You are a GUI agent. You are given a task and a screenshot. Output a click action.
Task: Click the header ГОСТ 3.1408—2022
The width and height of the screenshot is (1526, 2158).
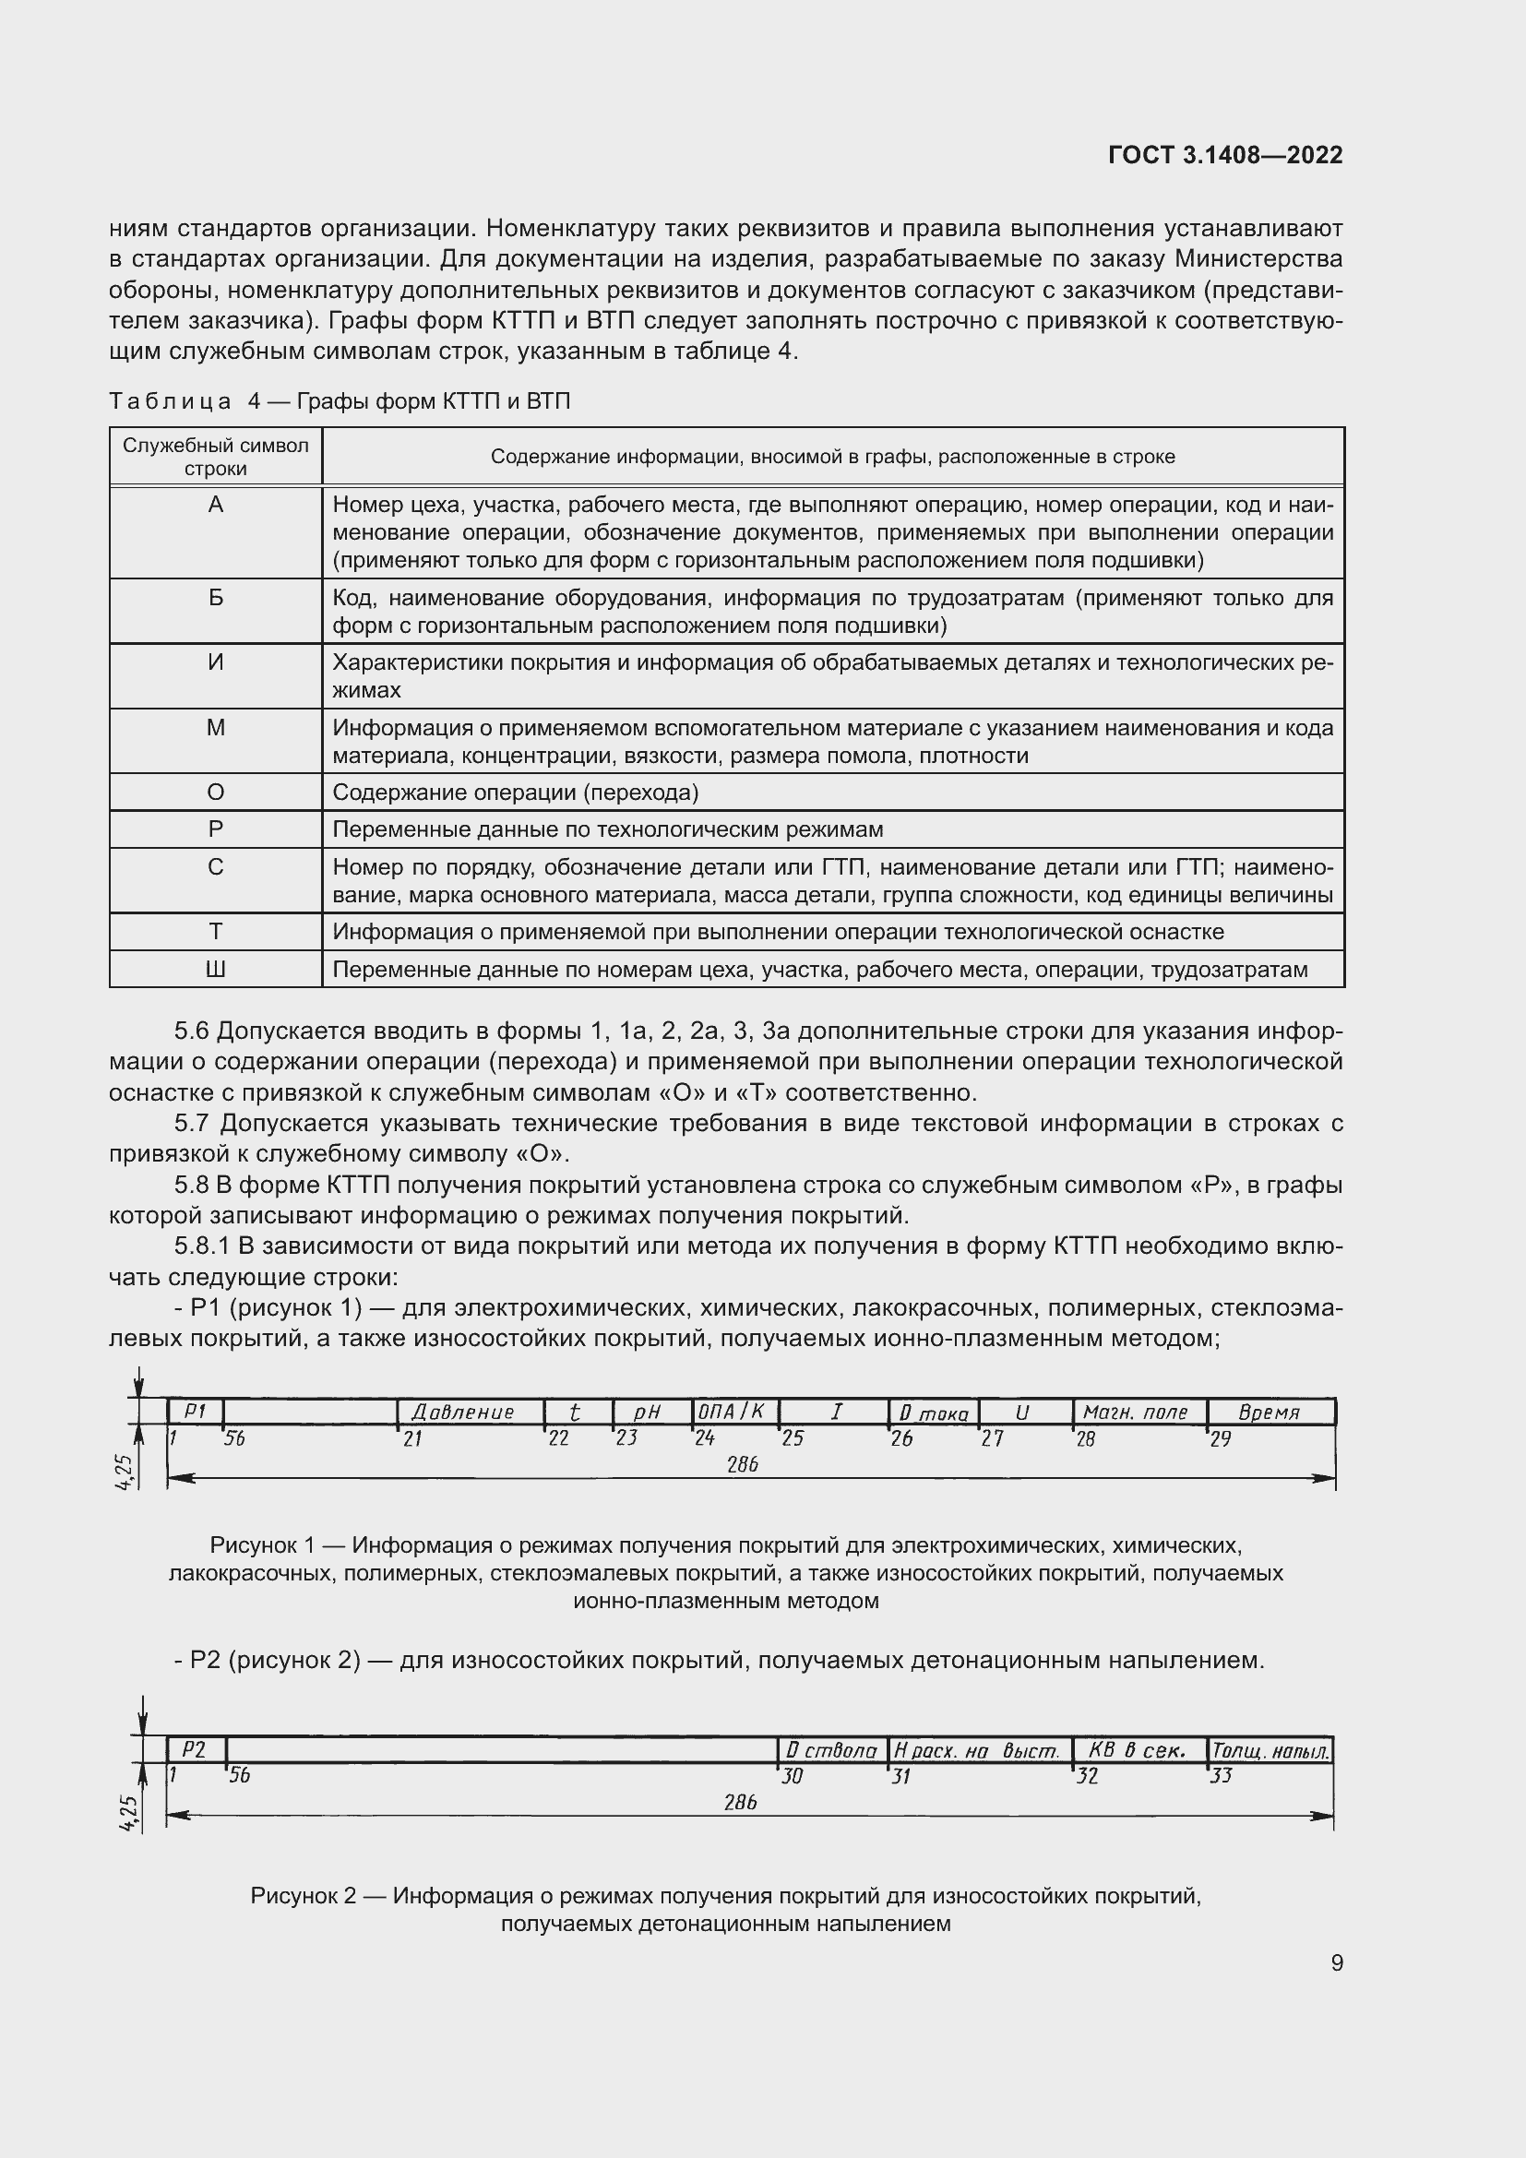(1224, 155)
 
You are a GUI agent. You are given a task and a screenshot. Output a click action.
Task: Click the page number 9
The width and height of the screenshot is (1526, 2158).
(1336, 1962)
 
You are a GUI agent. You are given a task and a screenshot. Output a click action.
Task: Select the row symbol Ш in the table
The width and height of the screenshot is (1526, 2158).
(215, 969)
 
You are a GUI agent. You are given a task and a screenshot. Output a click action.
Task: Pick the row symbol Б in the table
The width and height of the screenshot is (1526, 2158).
(215, 598)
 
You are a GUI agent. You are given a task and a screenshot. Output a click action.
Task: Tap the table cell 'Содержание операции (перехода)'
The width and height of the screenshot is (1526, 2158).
(516, 793)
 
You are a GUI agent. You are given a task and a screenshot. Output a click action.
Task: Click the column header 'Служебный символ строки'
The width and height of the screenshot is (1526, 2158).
(215, 457)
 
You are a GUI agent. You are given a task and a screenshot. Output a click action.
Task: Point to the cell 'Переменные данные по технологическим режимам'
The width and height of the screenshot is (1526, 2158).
(607, 829)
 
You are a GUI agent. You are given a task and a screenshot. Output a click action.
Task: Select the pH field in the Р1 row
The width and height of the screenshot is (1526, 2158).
(648, 1412)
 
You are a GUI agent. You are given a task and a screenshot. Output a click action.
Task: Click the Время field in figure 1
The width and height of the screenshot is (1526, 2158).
(1269, 1412)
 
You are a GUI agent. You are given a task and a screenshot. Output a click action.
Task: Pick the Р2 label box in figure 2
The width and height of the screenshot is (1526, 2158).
(194, 1749)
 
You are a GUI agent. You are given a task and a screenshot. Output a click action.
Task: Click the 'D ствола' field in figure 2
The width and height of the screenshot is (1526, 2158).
(830, 1750)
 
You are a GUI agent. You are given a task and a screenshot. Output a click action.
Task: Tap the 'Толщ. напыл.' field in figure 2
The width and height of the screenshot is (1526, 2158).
(1270, 1751)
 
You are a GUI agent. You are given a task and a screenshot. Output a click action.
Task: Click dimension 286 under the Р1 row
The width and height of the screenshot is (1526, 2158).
(743, 1464)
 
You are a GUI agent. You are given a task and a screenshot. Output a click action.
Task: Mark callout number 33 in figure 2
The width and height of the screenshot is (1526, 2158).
(1221, 1775)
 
